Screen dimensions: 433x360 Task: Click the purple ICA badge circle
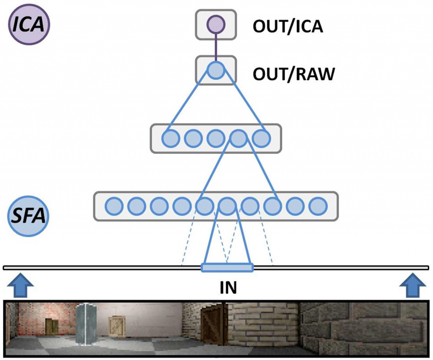[29, 24]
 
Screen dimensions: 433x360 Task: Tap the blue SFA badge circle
[28, 216]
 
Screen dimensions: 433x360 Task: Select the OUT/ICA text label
[288, 26]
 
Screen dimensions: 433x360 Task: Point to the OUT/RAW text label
[294, 74]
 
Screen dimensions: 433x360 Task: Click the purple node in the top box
[216, 24]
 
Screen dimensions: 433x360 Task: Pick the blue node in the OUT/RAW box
[216, 70]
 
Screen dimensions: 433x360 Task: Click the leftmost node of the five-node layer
[171, 138]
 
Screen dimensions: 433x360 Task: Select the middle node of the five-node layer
[216, 138]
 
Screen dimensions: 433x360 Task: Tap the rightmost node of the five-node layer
[261, 138]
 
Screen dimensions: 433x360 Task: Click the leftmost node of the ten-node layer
[114, 206]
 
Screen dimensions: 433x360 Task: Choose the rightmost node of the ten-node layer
[318, 206]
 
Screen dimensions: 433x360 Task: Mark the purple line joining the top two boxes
[216, 47]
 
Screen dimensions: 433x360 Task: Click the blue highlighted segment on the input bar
[227, 268]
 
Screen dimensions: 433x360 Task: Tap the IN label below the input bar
[228, 288]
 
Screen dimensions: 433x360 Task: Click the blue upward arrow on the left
[20, 286]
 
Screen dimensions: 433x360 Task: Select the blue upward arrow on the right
[413, 286]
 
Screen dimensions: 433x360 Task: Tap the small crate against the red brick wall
[52, 327]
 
